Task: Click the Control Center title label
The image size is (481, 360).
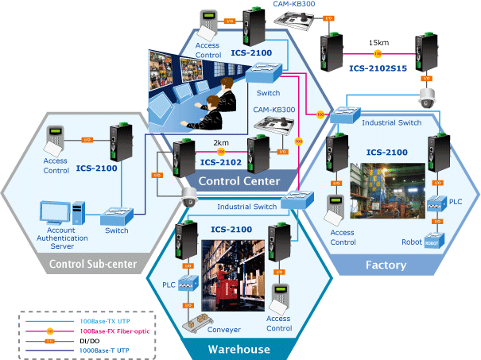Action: [x=239, y=182]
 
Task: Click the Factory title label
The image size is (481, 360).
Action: [x=386, y=265]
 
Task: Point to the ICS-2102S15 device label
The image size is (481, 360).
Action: [x=378, y=68]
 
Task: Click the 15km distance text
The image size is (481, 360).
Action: [x=378, y=43]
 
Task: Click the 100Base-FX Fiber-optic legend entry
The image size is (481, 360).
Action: [x=114, y=330]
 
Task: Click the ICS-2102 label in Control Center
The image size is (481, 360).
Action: [x=220, y=162]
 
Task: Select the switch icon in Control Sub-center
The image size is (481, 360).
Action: [x=116, y=215]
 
